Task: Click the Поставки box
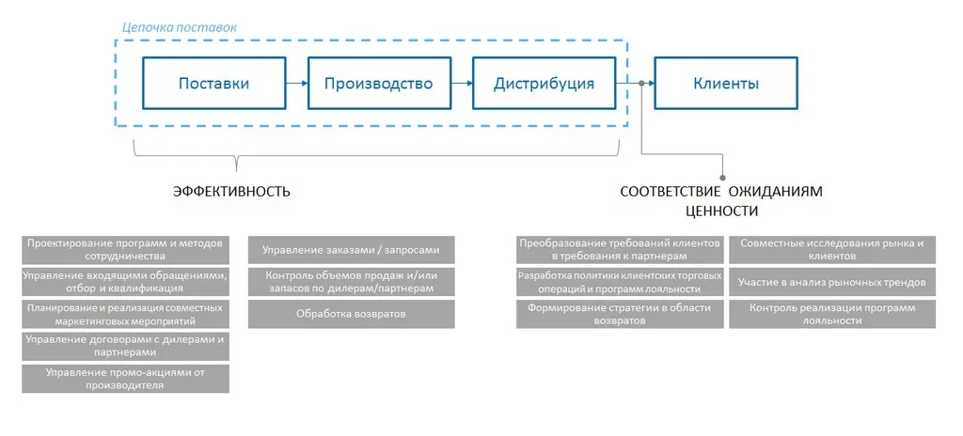(213, 84)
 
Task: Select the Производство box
(378, 84)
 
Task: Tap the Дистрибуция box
(544, 84)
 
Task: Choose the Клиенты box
(726, 84)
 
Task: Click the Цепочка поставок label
(180, 27)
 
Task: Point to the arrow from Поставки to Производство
(296, 84)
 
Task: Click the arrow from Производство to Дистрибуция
(461, 84)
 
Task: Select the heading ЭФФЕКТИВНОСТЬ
(231, 192)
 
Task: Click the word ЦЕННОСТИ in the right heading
(721, 210)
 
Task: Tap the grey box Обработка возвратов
(351, 314)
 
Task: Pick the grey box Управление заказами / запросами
(351, 250)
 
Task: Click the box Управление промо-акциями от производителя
(125, 379)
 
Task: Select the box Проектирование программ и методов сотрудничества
(125, 249)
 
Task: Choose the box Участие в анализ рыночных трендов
(831, 282)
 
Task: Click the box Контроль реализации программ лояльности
(831, 314)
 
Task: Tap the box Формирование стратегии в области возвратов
(620, 314)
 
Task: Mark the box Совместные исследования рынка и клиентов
(831, 249)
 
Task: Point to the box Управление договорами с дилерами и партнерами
(125, 346)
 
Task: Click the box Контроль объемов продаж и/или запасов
(351, 282)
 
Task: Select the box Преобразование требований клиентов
(620, 249)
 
